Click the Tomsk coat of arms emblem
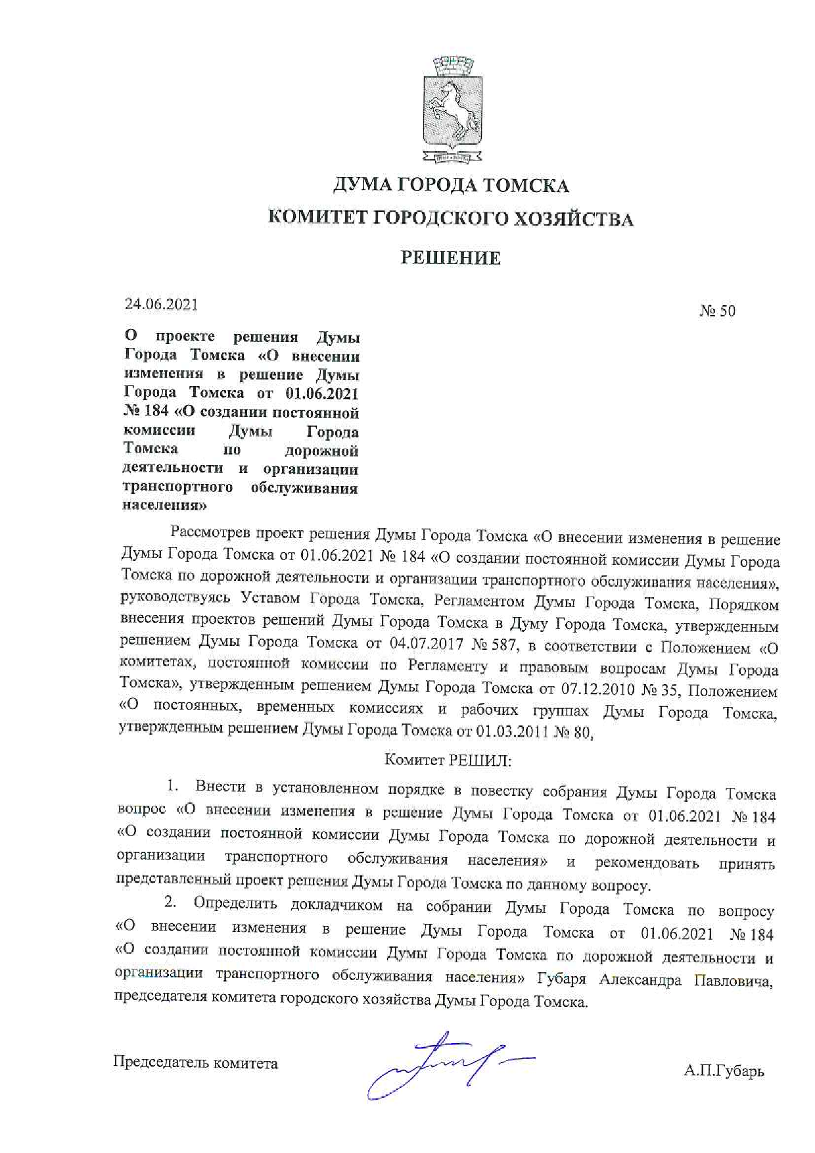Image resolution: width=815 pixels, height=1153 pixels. (x=452, y=109)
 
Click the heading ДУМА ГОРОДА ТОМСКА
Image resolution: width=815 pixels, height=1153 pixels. (x=451, y=186)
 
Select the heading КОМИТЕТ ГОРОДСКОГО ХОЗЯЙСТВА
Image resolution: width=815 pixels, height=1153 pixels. (x=451, y=219)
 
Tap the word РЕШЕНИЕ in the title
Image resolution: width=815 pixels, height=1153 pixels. (x=451, y=258)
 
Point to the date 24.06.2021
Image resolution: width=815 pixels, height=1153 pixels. (x=161, y=305)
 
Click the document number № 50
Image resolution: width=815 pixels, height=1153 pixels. (x=718, y=311)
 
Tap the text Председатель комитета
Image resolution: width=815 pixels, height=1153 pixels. (x=195, y=1063)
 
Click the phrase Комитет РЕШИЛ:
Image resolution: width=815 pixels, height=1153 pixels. (x=448, y=760)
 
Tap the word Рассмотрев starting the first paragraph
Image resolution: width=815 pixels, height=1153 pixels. (x=210, y=533)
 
